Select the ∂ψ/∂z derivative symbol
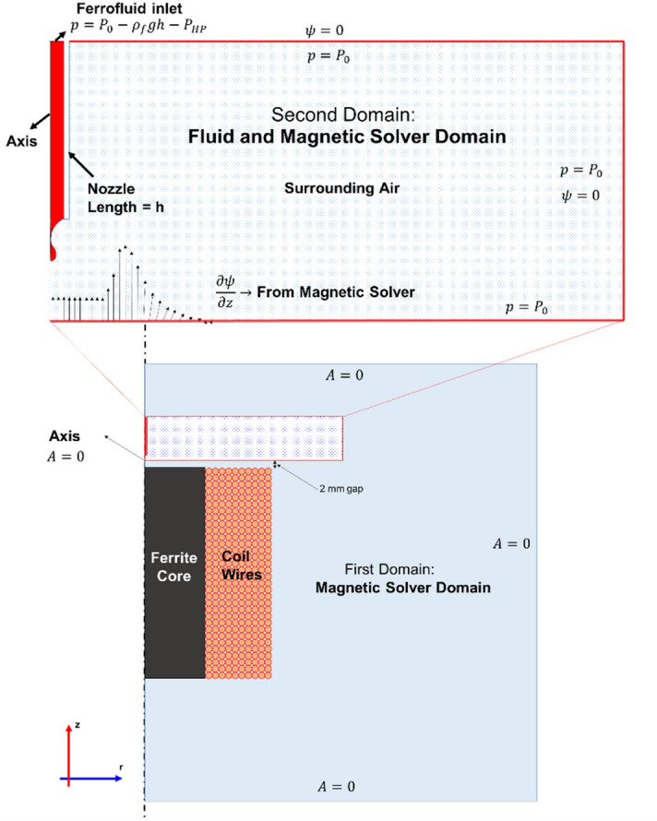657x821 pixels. coord(226,291)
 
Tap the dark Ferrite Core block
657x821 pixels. coord(174,572)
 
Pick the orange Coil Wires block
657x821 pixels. coord(238,572)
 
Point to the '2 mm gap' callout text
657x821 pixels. coord(339,490)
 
